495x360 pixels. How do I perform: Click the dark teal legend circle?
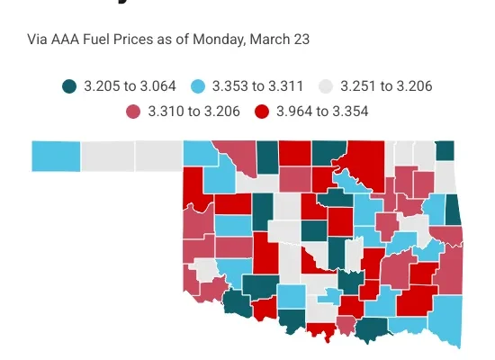pos(68,86)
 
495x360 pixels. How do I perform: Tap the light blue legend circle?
pos(200,86)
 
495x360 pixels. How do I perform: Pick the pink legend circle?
pos(134,112)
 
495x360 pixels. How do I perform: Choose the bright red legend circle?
pos(265,112)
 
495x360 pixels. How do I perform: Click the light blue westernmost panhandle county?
pos(56,156)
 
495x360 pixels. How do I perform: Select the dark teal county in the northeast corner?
pos(445,150)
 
